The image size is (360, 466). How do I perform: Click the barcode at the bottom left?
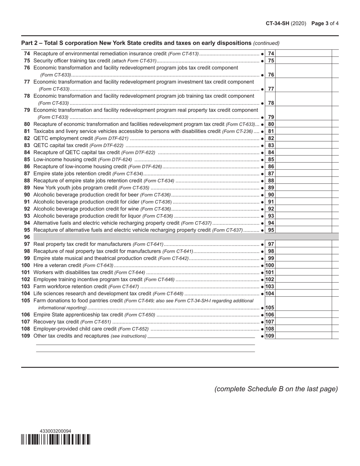pyautogui.click(x=56, y=439)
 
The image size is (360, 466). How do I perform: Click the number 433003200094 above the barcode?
pyautogui.click(x=55, y=431)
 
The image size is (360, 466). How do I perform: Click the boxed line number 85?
pyautogui.click(x=271, y=160)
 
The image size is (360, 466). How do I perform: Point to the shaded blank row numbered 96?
pyautogui.click(x=186, y=237)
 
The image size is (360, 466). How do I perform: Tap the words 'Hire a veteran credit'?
pyautogui.click(x=57, y=265)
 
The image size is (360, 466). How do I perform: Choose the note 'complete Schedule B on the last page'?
pyautogui.click(x=276, y=389)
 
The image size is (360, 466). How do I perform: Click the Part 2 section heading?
pyautogui.click(x=136, y=43)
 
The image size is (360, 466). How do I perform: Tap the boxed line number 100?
pyautogui.click(x=270, y=265)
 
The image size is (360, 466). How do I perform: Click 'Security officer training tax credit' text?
pyautogui.click(x=72, y=61)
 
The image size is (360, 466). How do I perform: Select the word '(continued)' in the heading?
pyautogui.click(x=266, y=43)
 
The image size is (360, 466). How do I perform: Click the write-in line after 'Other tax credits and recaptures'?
pyautogui.click(x=201, y=336)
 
